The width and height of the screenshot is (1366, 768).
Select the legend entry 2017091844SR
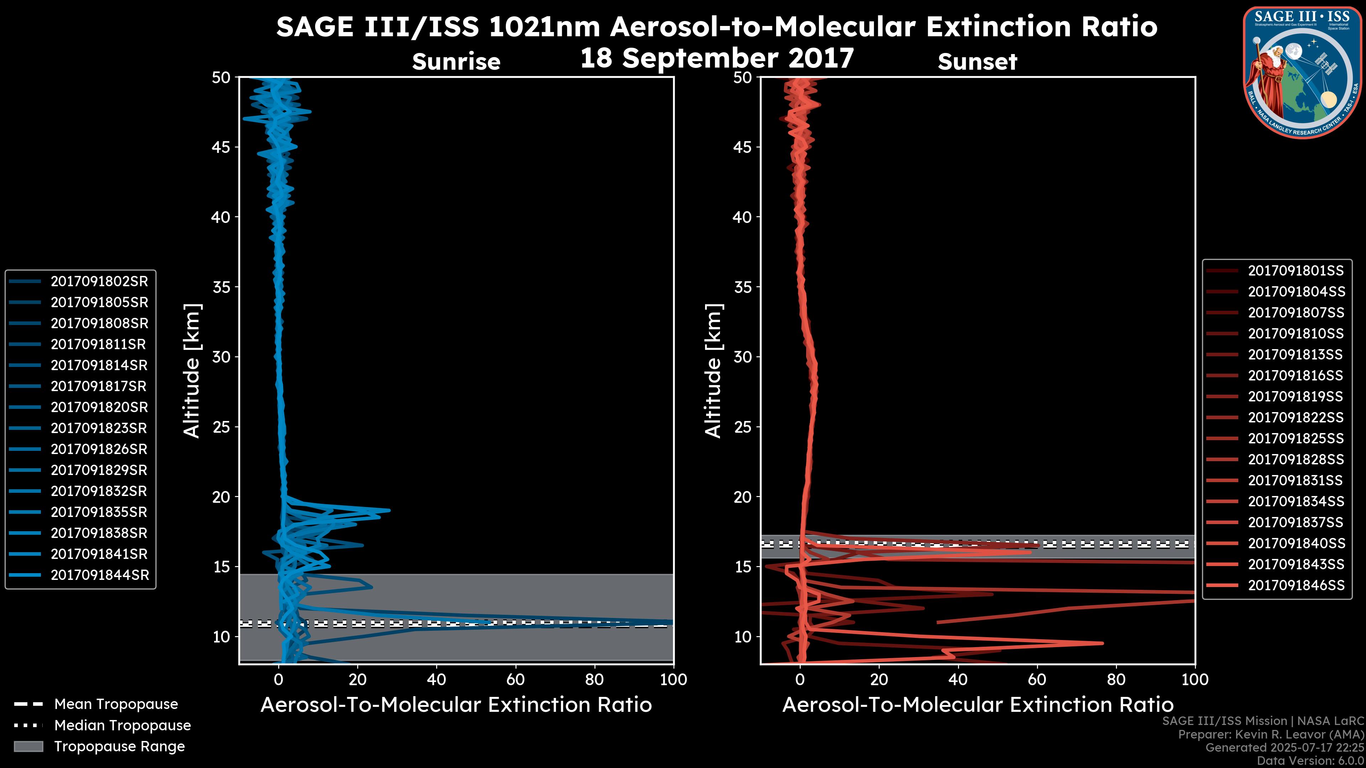100,575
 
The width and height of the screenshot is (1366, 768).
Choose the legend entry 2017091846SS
1296,585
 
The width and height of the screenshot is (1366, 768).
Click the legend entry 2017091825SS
1296,439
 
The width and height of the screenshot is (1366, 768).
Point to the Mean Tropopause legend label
116,704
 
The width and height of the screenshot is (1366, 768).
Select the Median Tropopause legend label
122,725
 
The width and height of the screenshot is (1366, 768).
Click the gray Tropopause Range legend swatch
28,746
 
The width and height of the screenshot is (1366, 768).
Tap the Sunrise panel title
456,62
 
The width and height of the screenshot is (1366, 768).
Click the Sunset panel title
977,62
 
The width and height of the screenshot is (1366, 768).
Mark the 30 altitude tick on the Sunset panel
742,357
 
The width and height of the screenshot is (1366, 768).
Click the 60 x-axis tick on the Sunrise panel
515,679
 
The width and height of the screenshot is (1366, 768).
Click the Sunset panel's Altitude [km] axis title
714,371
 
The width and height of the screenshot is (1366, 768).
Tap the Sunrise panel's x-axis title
456,705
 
